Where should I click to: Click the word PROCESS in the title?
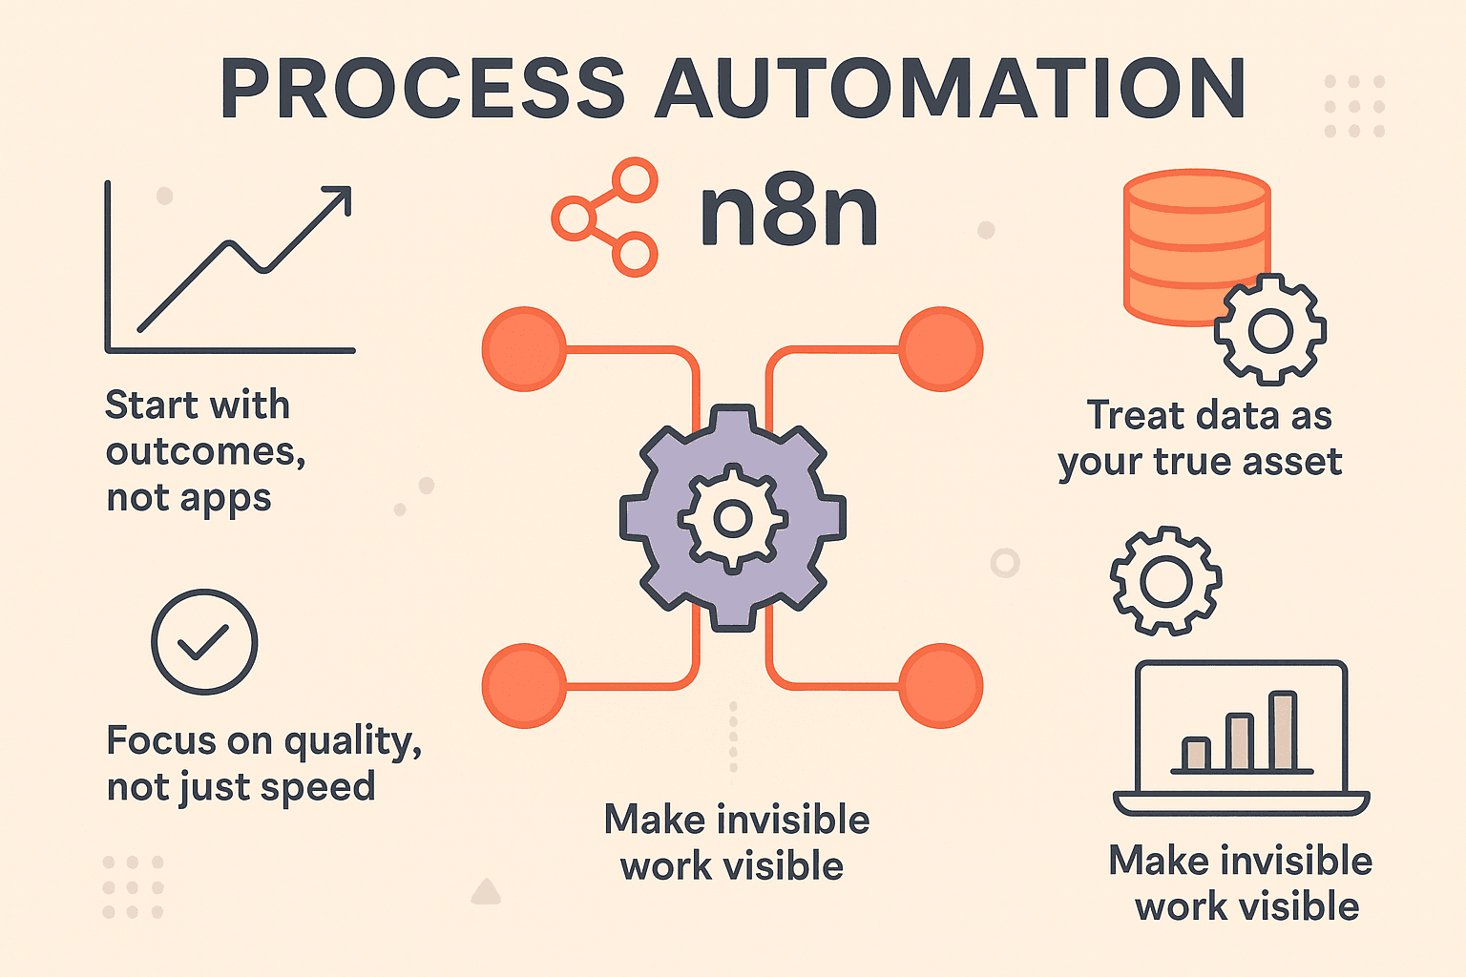422,90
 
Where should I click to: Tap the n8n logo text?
788,214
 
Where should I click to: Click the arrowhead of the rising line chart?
338,197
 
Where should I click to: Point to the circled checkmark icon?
204,641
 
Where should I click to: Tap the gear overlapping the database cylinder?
1270,330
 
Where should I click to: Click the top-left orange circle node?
524,349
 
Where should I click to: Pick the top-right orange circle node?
941,349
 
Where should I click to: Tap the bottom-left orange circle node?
524,686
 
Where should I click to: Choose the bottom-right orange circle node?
941,686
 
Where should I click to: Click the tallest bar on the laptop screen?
1283,731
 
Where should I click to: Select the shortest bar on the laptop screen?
1195,754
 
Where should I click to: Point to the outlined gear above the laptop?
1165,581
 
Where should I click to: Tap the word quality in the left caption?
350,741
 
